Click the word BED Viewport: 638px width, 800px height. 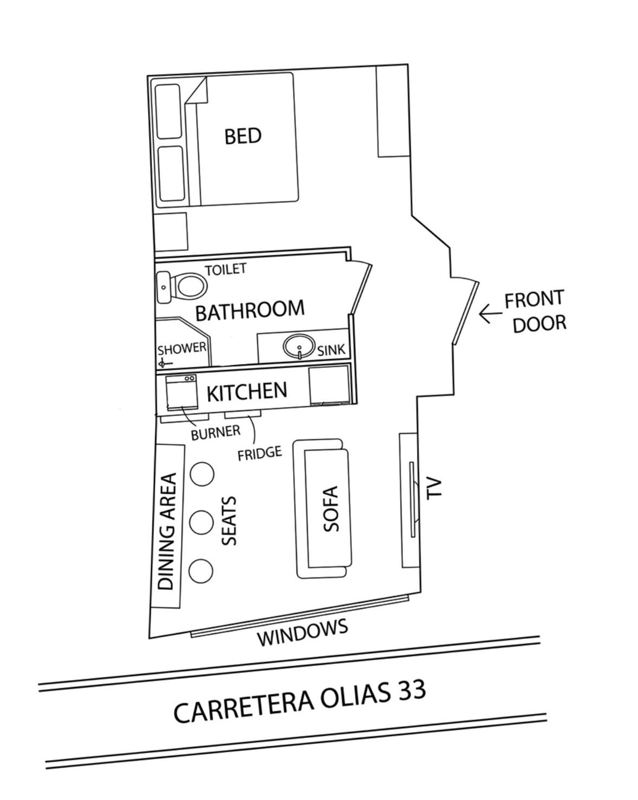(243, 136)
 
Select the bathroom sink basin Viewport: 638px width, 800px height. (300, 346)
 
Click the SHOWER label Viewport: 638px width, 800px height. (182, 349)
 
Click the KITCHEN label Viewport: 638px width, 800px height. (247, 391)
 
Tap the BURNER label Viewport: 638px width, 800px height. (216, 433)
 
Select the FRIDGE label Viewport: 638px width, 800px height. (260, 453)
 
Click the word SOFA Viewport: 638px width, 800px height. (331, 509)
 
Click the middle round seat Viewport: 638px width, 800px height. (201, 522)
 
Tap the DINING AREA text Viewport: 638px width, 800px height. (167, 531)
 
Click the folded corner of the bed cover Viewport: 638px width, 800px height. (197, 90)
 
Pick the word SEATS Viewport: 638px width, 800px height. (229, 521)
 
